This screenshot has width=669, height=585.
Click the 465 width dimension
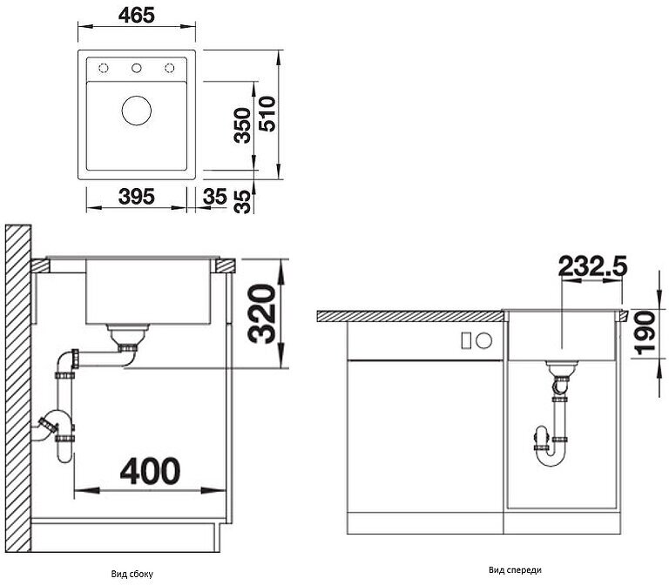[136, 16]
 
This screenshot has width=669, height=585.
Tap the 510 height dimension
[268, 114]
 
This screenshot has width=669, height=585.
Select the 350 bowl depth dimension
[242, 125]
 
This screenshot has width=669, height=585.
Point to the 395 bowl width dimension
[136, 197]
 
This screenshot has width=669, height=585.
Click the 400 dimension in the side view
[150, 471]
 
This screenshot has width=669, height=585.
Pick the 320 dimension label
[261, 313]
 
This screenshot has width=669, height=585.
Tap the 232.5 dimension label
[593, 266]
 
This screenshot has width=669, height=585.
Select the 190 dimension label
[644, 333]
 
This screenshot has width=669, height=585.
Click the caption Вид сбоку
[132, 574]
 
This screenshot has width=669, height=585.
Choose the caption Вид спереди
[515, 570]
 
